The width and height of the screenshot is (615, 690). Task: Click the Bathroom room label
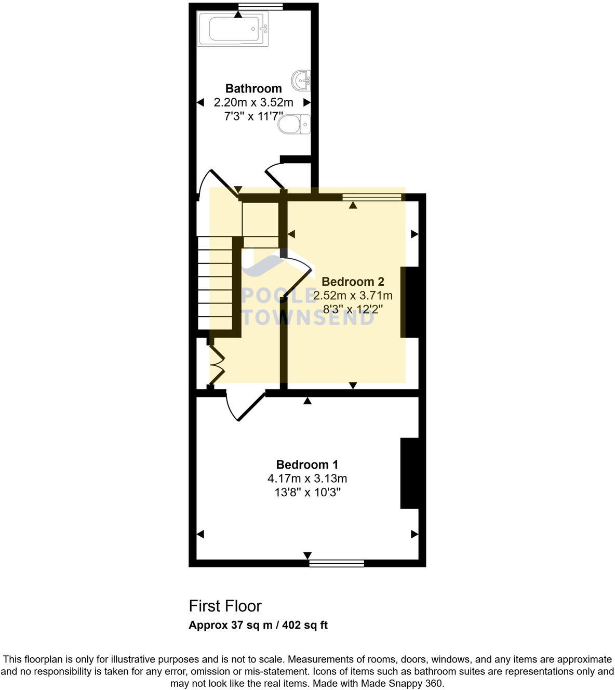tap(253, 88)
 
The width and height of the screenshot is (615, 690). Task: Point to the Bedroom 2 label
tap(353, 282)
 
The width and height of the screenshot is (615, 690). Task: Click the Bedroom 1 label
tap(307, 465)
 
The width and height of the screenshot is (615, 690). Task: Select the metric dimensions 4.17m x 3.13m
tap(307, 478)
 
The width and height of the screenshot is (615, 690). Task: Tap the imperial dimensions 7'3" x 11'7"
tap(253, 116)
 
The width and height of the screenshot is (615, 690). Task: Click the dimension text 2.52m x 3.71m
tap(353, 296)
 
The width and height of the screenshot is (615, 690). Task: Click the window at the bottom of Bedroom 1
tap(337, 563)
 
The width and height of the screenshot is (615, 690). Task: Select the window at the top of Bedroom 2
tap(372, 197)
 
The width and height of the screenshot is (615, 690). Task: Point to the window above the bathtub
tap(260, 6)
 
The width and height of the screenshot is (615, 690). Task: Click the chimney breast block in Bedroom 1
tap(409, 473)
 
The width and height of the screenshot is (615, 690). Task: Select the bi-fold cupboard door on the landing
tap(217, 364)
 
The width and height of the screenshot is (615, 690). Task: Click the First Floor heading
tap(225, 606)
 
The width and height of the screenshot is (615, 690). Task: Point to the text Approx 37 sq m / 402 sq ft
tap(258, 625)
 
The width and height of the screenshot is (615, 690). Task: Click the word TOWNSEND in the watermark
tap(308, 317)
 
